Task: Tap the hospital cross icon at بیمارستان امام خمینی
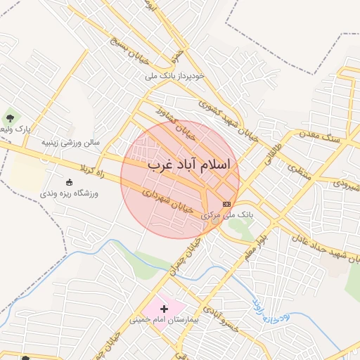tap(165, 308)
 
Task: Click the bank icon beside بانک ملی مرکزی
tap(226, 204)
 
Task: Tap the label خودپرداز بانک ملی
tap(175, 75)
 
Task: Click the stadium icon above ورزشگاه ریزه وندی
tap(69, 181)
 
